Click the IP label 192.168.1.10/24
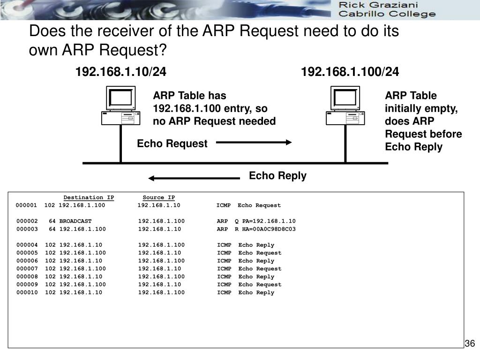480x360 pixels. click(x=121, y=72)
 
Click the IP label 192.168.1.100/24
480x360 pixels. click(x=350, y=72)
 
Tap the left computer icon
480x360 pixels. click(x=121, y=105)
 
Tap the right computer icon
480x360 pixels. click(x=345, y=105)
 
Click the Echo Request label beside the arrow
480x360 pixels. click(x=172, y=144)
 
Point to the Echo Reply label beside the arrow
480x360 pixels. click(x=277, y=176)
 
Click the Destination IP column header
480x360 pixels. click(x=89, y=197)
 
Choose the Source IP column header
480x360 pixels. click(x=158, y=197)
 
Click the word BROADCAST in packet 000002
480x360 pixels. click(x=75, y=221)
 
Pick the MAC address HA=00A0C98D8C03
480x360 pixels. click(x=269, y=229)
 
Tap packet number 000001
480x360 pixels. click(x=26, y=205)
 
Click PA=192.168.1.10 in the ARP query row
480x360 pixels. click(x=269, y=221)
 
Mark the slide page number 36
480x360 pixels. click(x=470, y=344)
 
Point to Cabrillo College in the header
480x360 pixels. click(x=387, y=14)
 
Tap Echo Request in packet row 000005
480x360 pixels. click(x=260, y=253)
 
